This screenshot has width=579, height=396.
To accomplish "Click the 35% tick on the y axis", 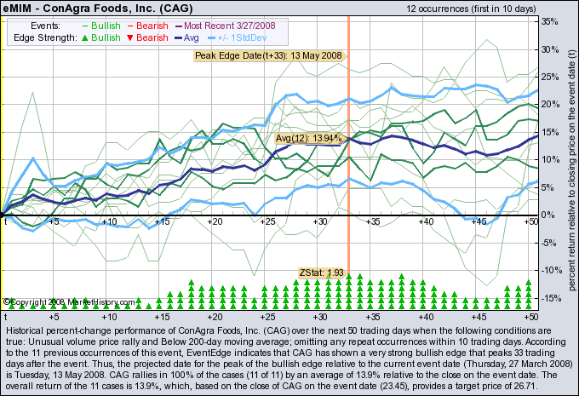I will [x=549, y=22].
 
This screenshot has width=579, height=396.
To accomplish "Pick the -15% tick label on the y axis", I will [x=550, y=298].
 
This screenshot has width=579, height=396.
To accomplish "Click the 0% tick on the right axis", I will [x=548, y=215].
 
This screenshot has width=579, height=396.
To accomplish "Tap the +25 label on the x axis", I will [x=267, y=221].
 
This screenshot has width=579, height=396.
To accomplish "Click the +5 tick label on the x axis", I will [x=55, y=221].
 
